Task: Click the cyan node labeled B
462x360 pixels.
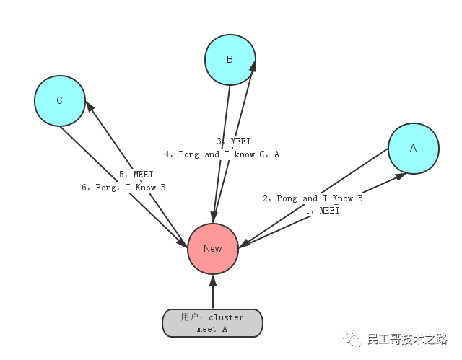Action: [x=230, y=59]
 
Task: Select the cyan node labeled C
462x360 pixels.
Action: [x=60, y=101]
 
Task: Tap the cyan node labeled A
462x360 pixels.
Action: [x=413, y=148]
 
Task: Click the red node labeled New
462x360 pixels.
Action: [x=213, y=248]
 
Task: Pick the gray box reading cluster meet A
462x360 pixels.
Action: [x=212, y=323]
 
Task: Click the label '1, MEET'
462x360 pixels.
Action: [x=322, y=211]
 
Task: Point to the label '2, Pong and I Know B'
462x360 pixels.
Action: [x=313, y=198]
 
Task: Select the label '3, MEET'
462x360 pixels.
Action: [x=234, y=142]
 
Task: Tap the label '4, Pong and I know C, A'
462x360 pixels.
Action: [x=222, y=154]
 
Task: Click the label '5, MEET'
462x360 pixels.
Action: [x=136, y=175]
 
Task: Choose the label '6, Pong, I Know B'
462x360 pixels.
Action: [x=124, y=188]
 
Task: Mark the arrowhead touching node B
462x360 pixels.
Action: [x=253, y=67]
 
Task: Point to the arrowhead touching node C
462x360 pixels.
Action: [x=90, y=107]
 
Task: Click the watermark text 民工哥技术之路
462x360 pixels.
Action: [x=407, y=338]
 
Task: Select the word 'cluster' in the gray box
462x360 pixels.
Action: [x=227, y=317]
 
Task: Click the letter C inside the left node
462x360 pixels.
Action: [x=60, y=101]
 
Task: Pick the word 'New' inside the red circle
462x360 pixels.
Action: [x=213, y=248]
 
